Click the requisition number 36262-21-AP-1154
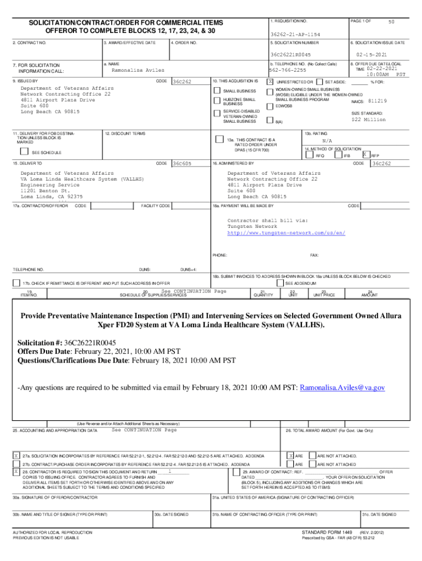point(295,34)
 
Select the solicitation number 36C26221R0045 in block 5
point(290,55)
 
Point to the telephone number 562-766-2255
point(287,70)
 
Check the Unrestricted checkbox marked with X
point(270,81)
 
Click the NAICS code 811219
point(378,101)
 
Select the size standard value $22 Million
point(369,119)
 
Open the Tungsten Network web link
point(286,233)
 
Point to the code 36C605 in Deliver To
point(181,163)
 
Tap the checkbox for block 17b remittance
point(16,283)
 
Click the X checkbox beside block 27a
point(16,455)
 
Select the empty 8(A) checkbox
point(270,120)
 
